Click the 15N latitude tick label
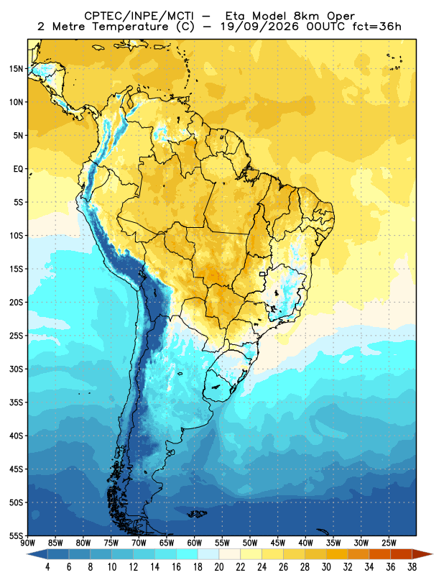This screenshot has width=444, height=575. (x=16, y=68)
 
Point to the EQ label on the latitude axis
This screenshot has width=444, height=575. (x=19, y=169)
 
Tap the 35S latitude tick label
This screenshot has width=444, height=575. (x=16, y=402)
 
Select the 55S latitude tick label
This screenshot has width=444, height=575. (x=16, y=535)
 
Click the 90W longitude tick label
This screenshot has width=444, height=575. (x=27, y=543)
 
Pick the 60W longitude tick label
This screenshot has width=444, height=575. (x=194, y=543)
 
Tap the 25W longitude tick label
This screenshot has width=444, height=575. (x=389, y=543)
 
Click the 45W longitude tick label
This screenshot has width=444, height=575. (x=278, y=543)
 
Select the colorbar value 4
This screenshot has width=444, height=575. (x=47, y=567)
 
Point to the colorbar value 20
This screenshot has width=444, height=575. (x=219, y=567)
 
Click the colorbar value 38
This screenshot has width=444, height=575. (x=412, y=567)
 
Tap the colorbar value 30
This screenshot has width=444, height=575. (x=326, y=567)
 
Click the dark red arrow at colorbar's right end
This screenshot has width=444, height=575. (x=422, y=554)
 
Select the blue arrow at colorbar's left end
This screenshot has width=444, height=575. (x=37, y=554)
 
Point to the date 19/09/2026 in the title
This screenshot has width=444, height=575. (x=259, y=27)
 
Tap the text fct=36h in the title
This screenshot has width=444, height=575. (x=376, y=27)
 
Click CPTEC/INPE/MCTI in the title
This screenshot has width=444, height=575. (x=139, y=17)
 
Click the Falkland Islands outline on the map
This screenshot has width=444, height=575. (x=197, y=514)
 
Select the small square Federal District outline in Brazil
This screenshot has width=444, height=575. (x=262, y=274)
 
